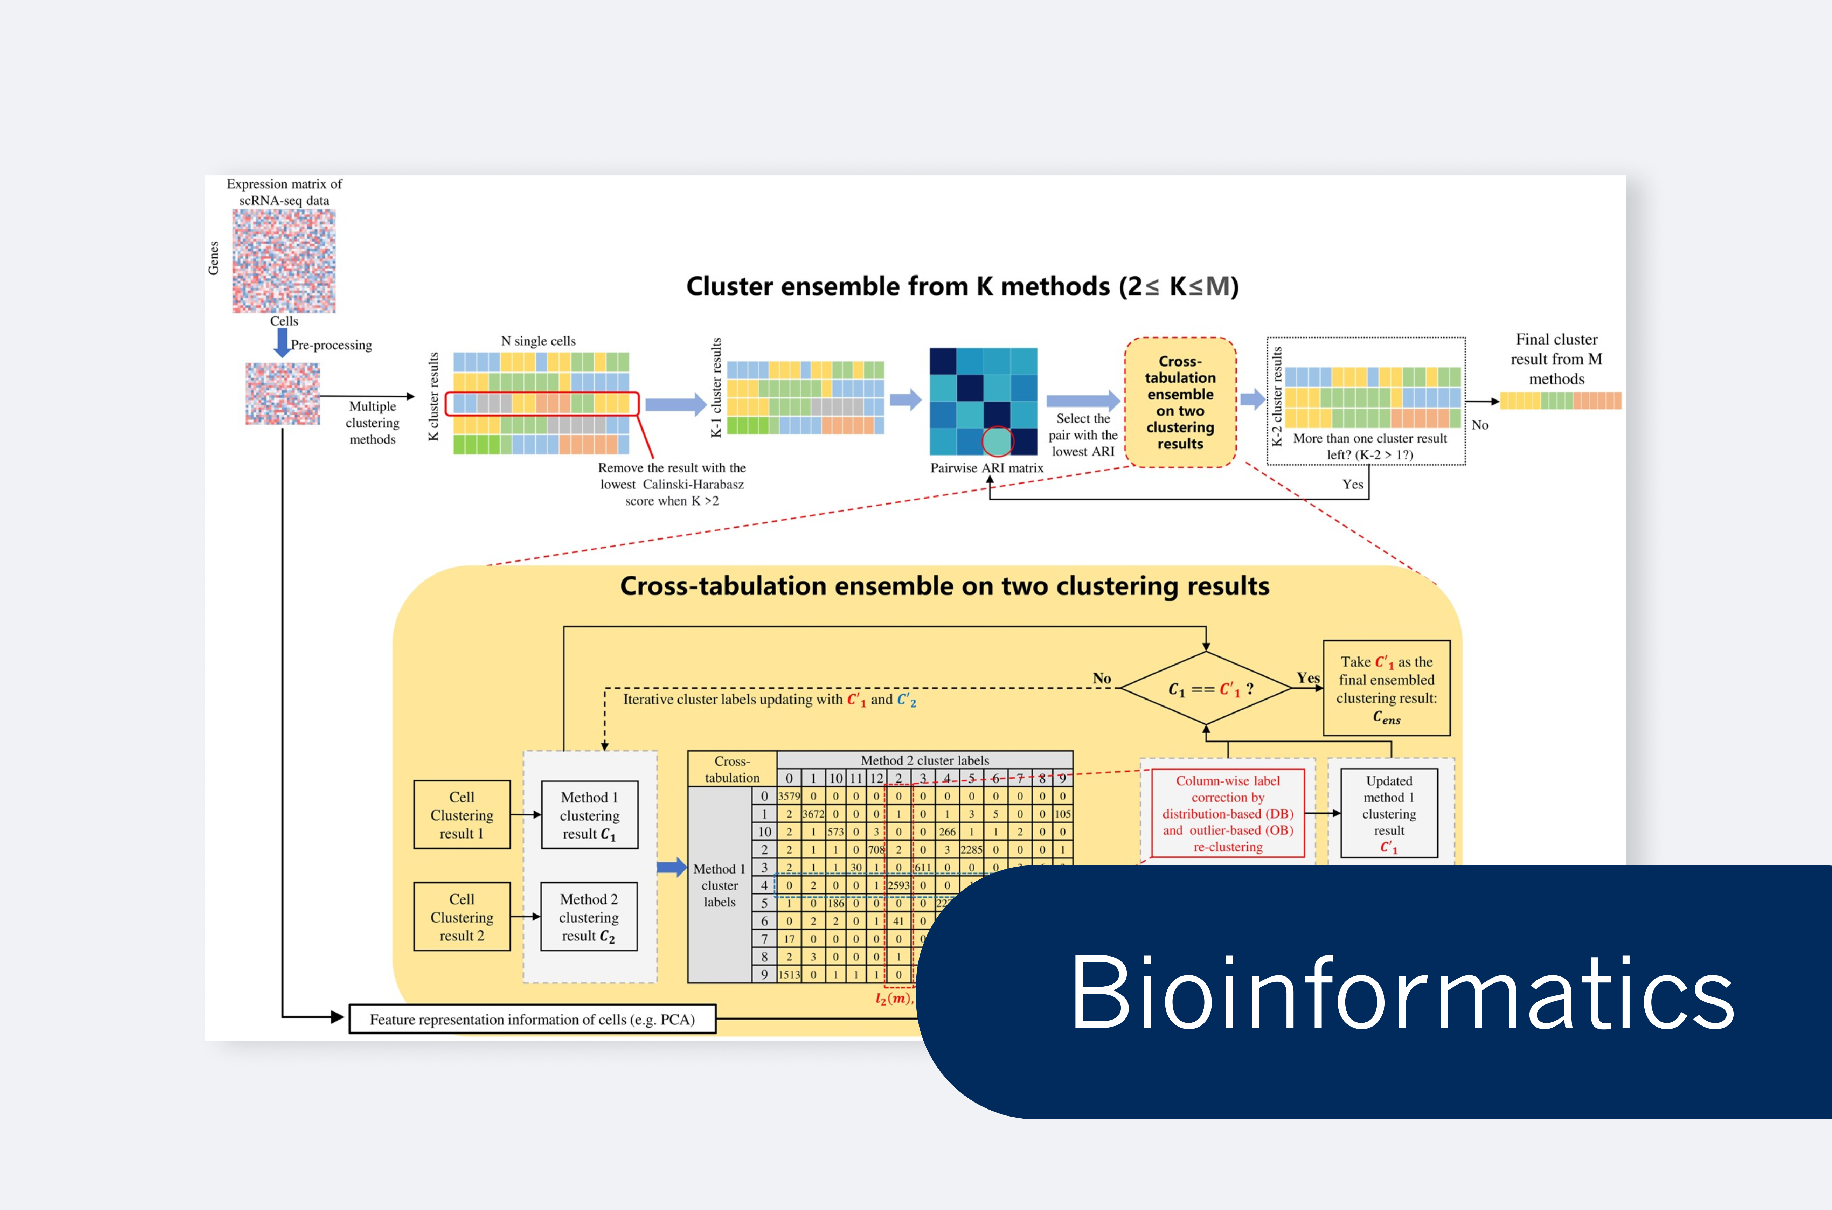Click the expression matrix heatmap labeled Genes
(x=284, y=261)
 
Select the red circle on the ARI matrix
(x=997, y=441)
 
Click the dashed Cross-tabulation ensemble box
(x=1180, y=402)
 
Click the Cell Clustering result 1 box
(x=462, y=815)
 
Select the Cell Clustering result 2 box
(x=462, y=917)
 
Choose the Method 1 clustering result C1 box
(x=590, y=815)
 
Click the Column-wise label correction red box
(x=1228, y=813)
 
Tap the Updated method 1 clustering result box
(x=1389, y=813)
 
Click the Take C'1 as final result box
(x=1387, y=688)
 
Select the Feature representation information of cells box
(x=533, y=1018)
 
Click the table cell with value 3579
(x=789, y=795)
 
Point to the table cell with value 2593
(x=898, y=885)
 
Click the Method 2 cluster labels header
(x=924, y=760)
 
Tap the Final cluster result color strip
(x=1560, y=401)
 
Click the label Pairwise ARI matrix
(x=986, y=468)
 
